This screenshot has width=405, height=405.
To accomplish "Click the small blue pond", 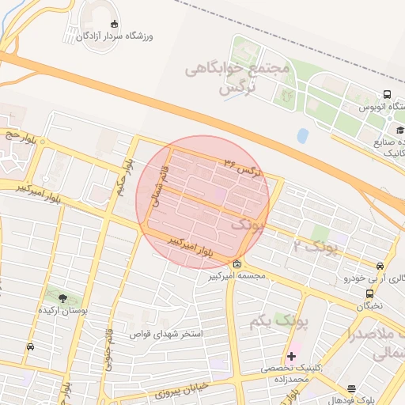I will coord(302,135).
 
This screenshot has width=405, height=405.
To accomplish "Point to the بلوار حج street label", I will coord(22,135).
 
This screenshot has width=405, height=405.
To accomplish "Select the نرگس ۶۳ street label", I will coord(240,167).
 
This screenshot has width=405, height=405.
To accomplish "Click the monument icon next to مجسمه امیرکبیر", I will coord(237,263).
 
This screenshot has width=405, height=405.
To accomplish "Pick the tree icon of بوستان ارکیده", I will coord(63,297).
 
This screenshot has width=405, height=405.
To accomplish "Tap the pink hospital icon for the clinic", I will coord(292,356).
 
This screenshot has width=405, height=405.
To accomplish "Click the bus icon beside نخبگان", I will coord(370,293).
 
